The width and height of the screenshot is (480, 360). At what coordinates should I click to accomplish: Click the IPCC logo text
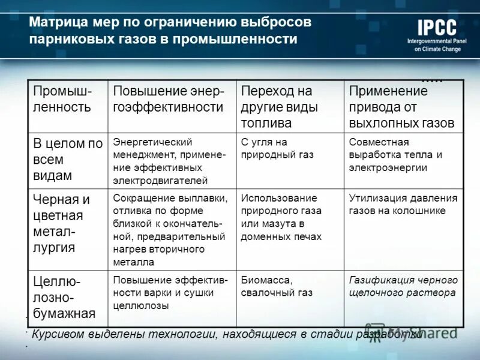coord(437,28)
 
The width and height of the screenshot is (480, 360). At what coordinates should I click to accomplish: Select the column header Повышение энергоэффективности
coord(169,100)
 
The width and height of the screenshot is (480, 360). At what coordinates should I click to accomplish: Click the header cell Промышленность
coord(62,100)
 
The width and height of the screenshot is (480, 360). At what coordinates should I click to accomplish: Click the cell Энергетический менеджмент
coord(169,161)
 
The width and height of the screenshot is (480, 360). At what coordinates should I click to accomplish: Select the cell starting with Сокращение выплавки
coord(170,230)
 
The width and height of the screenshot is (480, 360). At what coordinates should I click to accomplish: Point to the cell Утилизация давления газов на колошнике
coord(403,204)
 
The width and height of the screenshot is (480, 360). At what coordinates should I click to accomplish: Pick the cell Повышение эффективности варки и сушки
coord(170,292)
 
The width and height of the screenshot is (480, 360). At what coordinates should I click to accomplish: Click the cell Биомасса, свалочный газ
coord(276,286)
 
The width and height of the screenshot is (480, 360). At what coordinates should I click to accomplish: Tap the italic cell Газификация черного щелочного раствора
coord(403,286)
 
